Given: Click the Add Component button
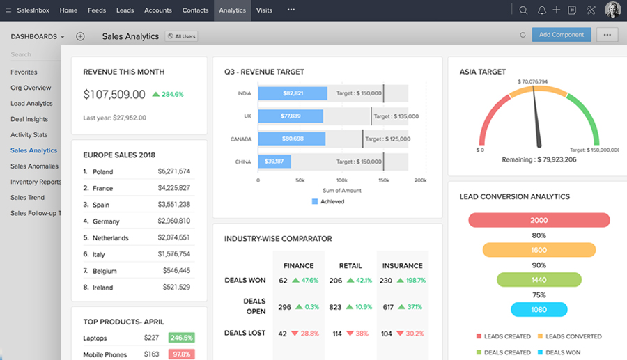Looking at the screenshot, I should (562, 35).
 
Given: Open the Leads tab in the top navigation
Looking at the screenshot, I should (125, 10).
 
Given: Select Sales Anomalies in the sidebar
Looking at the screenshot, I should (34, 166).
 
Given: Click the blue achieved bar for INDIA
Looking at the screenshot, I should (292, 93).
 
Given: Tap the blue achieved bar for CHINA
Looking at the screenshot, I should (274, 162).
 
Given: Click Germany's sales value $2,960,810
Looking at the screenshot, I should (173, 221).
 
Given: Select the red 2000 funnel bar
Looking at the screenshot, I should (539, 220).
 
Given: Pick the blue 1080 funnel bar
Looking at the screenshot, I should (539, 310).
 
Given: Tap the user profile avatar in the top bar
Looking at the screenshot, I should (612, 10).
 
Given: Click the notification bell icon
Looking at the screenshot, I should (541, 10).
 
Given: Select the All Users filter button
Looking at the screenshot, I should (180, 36).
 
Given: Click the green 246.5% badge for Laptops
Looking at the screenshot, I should (180, 338).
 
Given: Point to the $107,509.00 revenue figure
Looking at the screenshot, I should (114, 95).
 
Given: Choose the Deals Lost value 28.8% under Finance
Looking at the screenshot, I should (305, 334).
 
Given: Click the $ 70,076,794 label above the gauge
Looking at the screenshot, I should (532, 82).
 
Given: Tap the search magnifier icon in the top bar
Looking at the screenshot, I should (523, 10).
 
